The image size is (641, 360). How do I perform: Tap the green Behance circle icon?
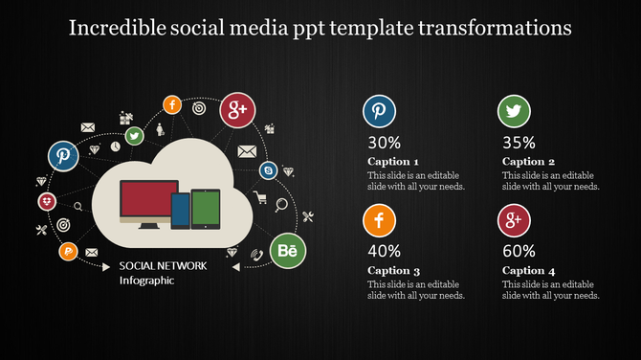286,251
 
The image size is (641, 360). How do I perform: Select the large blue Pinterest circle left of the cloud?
64,155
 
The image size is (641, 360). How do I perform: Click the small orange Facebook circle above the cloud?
172,105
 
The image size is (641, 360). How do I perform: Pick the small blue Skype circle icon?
268,170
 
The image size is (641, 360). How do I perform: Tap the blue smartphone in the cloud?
180,210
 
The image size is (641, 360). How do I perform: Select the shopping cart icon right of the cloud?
260,199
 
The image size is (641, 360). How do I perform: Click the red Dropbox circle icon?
46,201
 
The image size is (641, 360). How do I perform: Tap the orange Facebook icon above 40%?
379,221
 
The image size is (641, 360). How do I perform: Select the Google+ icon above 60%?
514,221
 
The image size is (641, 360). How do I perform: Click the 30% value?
384,144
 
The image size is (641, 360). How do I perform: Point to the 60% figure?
519,252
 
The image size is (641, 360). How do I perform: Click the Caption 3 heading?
393,271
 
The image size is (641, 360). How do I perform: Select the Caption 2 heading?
528,162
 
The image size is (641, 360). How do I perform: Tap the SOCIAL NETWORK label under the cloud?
163,265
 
